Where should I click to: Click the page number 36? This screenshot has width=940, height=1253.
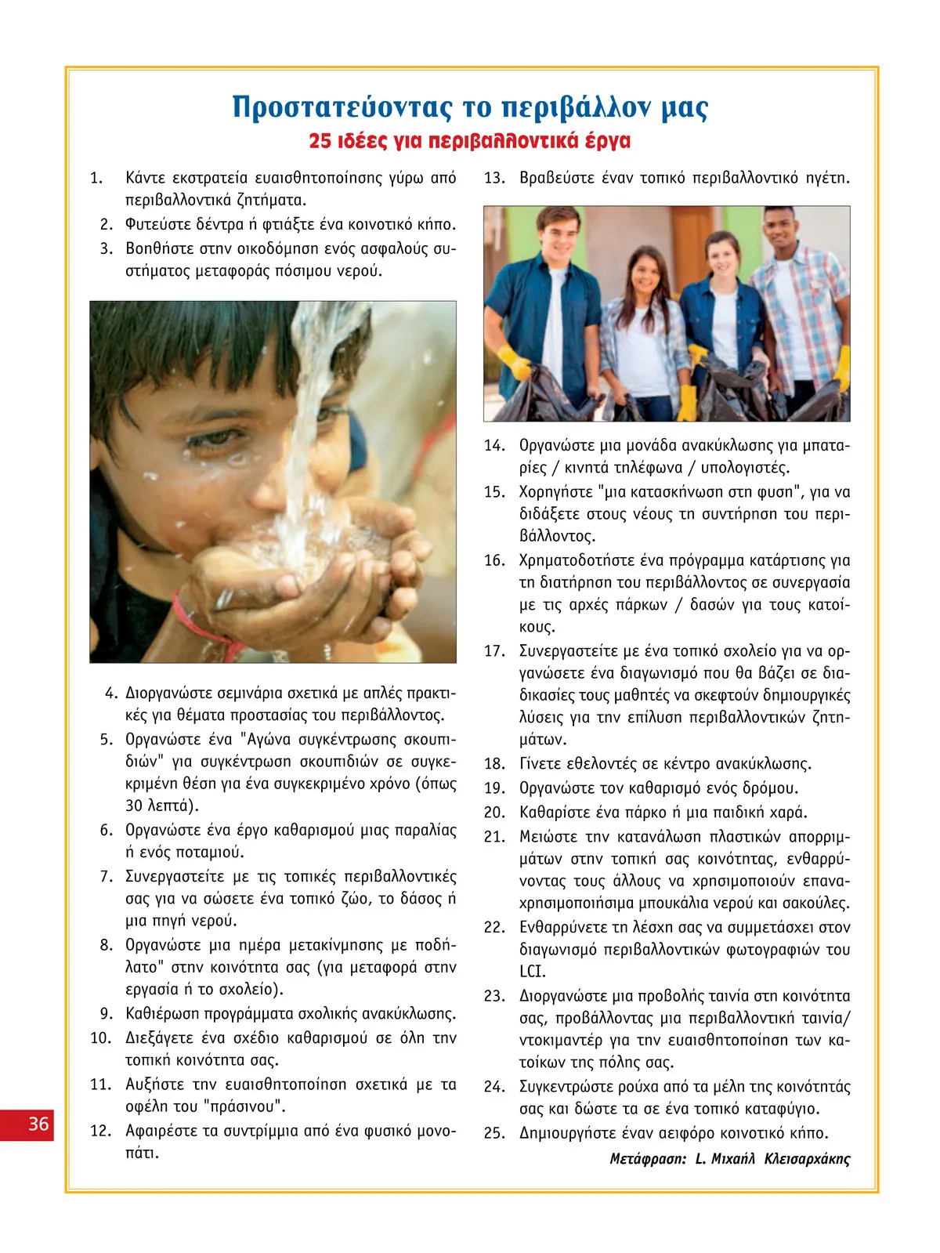tap(38, 1124)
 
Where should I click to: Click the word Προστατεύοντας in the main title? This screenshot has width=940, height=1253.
tap(342, 107)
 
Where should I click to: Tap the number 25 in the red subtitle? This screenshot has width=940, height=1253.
tap(320, 141)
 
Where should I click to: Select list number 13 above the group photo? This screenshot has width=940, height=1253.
tap(493, 178)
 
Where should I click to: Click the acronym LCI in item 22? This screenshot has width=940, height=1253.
tap(533, 972)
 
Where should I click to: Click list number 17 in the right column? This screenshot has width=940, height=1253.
tap(493, 651)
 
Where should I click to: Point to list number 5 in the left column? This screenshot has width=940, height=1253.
tap(107, 740)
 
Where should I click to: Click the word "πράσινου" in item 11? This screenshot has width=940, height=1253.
tap(252, 1106)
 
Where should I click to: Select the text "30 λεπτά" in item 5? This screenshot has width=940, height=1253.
tap(161, 806)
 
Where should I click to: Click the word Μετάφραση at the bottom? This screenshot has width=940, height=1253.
tap(648, 1159)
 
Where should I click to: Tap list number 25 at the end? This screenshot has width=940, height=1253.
tap(493, 1133)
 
